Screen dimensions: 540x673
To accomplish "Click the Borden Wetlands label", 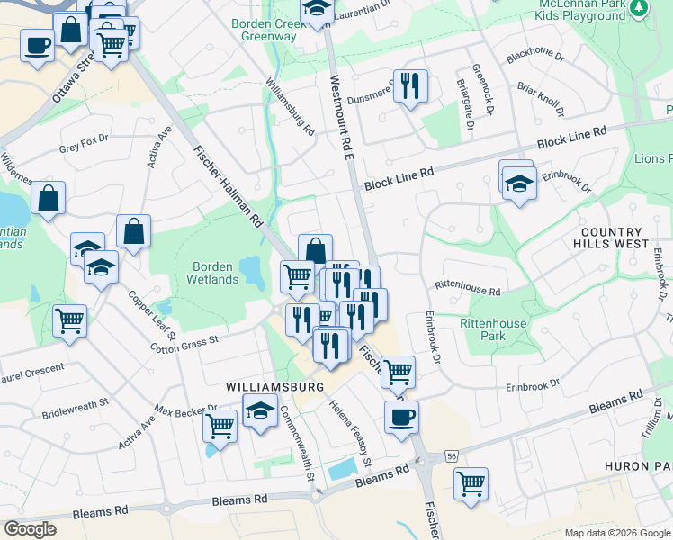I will pyautogui.click(x=215, y=273).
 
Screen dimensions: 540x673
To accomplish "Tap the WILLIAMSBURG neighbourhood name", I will pyautogui.click(x=274, y=387).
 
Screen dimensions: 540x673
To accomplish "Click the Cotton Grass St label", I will pyautogui.click(x=184, y=345).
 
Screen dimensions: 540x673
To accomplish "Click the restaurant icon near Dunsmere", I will pyautogui.click(x=410, y=86).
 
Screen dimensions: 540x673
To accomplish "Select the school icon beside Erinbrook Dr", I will pyautogui.click(x=519, y=184).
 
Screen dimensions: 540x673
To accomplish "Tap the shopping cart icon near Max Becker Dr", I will pyautogui.click(x=220, y=425).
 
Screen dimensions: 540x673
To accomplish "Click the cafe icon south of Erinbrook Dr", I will pyautogui.click(x=401, y=416).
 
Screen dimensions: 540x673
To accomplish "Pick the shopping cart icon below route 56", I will pyautogui.click(x=471, y=484).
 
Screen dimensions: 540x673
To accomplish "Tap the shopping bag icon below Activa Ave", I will pyautogui.click(x=133, y=230).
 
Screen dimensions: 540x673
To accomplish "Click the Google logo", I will pyautogui.click(x=30, y=529).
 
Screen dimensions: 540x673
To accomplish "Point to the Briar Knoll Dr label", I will pyautogui.click(x=540, y=101).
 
